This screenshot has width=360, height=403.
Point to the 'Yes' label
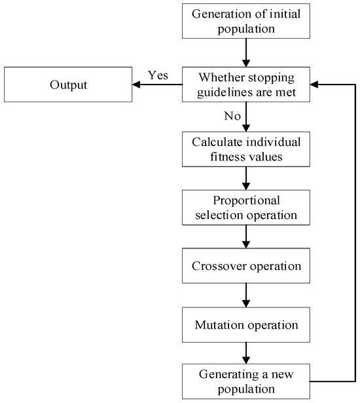(158, 75)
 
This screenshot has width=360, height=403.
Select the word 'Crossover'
(219, 267)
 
